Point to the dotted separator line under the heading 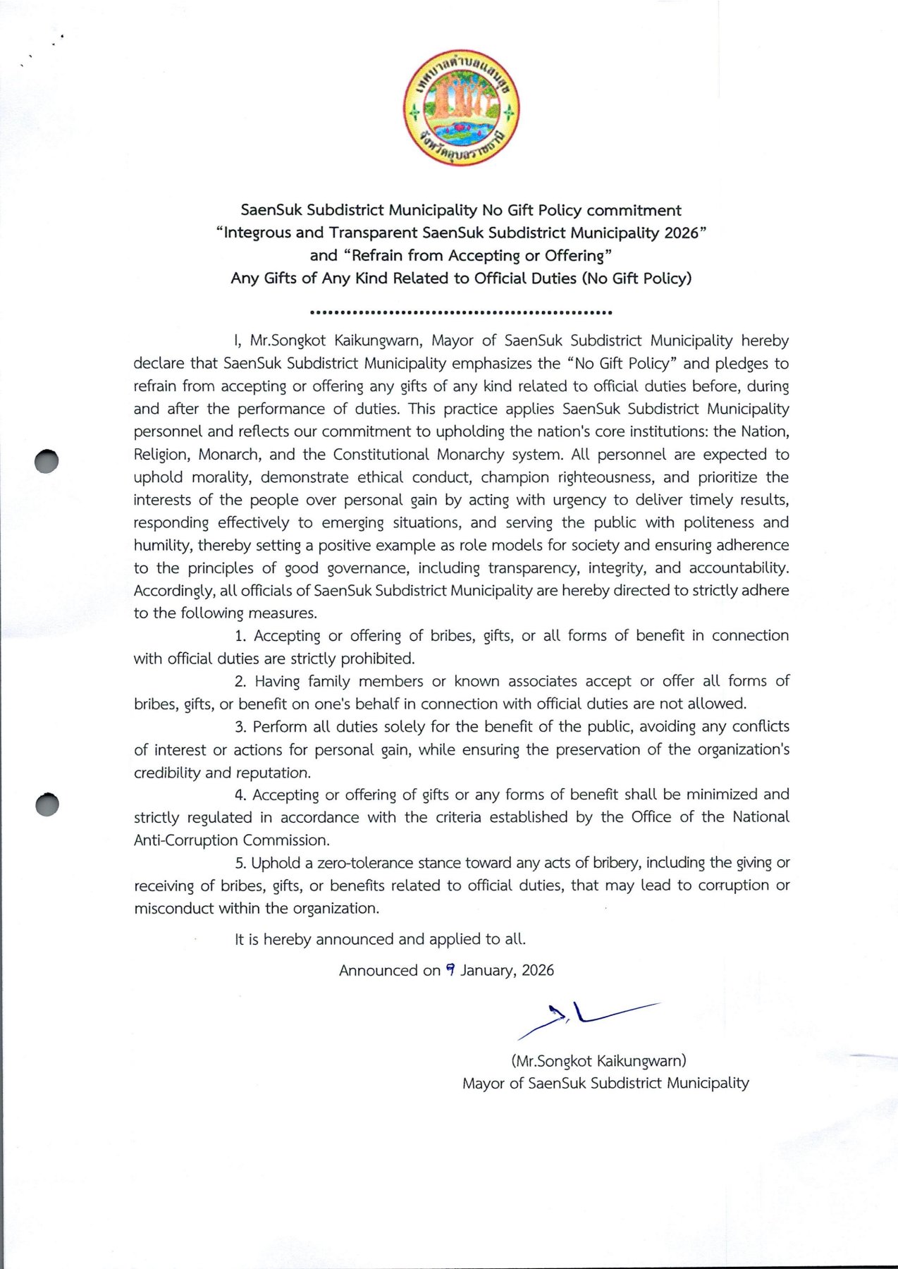461,312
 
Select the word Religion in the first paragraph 161,455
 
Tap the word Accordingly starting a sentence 173,591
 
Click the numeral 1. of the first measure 240,636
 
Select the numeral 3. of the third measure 240,727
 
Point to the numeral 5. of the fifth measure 240,863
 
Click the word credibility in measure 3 166,773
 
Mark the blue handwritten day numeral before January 450,970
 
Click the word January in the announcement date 488,971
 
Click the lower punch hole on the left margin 47,804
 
